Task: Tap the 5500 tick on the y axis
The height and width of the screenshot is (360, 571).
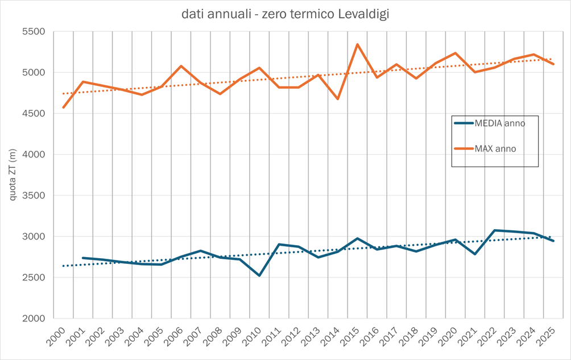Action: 34,32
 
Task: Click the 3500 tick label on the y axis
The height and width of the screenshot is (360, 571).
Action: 34,196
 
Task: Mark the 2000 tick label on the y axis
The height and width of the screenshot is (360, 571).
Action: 34,318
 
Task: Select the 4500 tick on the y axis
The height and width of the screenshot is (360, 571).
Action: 34,114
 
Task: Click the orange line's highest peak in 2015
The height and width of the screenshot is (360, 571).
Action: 357,44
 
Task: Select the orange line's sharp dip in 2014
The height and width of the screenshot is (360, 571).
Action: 338,99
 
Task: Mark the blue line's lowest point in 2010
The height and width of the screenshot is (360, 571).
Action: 259,275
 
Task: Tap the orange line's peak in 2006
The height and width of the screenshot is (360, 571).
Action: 181,66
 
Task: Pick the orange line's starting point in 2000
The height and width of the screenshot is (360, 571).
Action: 64,107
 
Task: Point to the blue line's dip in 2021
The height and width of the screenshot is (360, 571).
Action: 474,254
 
